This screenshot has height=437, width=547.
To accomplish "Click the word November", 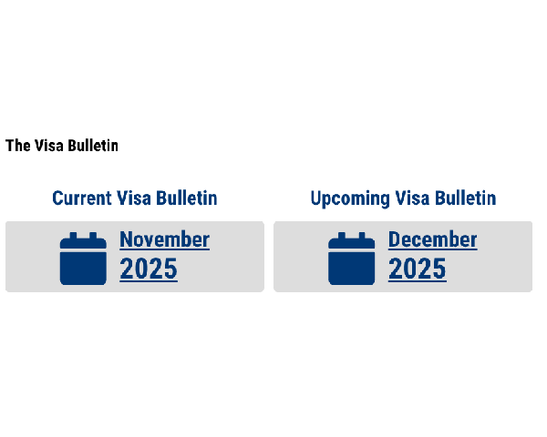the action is pyautogui.click(x=165, y=239).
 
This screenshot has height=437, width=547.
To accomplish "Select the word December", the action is pyautogui.click(x=432, y=239).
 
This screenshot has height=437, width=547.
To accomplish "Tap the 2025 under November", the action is pyautogui.click(x=149, y=269).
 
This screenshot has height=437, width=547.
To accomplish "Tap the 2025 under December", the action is pyautogui.click(x=418, y=269).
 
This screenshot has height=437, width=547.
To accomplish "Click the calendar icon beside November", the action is pyautogui.click(x=83, y=259).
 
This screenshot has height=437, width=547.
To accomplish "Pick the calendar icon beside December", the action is pyautogui.click(x=351, y=259).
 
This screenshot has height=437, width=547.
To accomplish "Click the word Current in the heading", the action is pyautogui.click(x=82, y=198).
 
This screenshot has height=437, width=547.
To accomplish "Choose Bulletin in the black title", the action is pyautogui.click(x=93, y=146).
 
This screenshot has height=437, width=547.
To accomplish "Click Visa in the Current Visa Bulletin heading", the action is pyautogui.click(x=134, y=198).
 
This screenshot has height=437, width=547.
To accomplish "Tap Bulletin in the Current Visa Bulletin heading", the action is pyautogui.click(x=186, y=198).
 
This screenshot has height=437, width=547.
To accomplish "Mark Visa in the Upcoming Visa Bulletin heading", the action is pyautogui.click(x=412, y=198).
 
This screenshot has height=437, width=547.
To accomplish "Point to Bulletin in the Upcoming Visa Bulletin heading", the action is pyautogui.click(x=465, y=198).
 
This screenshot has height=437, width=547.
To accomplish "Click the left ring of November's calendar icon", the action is pyautogui.click(x=73, y=236).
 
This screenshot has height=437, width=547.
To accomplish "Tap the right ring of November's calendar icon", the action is pyautogui.click(x=93, y=236).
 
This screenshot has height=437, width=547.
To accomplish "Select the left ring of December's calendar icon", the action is pyautogui.click(x=342, y=236).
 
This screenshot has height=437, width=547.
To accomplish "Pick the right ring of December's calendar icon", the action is pyautogui.click(x=361, y=236).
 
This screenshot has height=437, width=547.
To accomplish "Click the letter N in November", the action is pyautogui.click(x=126, y=239).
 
